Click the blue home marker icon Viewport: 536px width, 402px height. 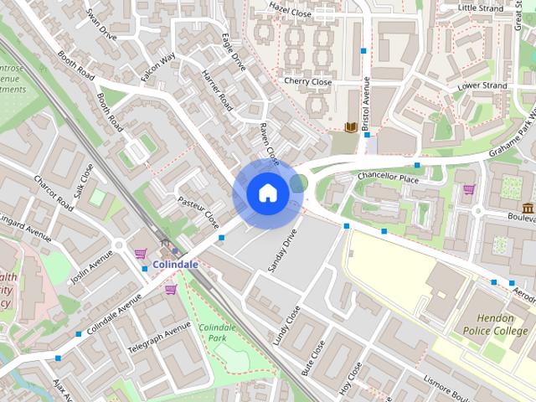pyautogui.click(x=266, y=193)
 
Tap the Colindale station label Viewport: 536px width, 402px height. pyautogui.click(x=176, y=265)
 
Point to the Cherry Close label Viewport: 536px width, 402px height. pyautogui.click(x=307, y=82)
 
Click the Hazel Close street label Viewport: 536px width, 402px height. pyautogui.click(x=290, y=7)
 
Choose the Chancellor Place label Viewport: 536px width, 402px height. pyautogui.click(x=387, y=178)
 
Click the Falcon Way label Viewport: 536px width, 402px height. pyautogui.click(x=157, y=66)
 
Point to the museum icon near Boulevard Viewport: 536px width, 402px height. pyautogui.click(x=528, y=208)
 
